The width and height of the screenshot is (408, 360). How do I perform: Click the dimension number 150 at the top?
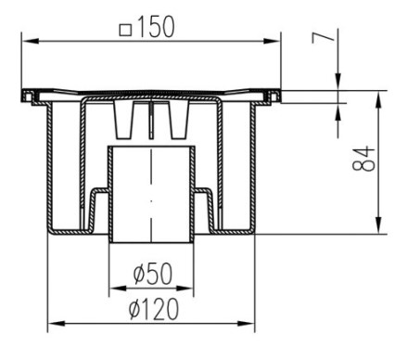156,27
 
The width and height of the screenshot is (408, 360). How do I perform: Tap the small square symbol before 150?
125,31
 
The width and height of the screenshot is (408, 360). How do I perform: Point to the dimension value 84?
363,160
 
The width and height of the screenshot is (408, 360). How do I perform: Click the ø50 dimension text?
153,274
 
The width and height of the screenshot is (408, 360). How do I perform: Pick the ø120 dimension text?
154,309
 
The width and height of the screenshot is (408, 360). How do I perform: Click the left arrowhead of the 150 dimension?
31,41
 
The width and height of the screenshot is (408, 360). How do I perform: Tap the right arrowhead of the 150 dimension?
272,41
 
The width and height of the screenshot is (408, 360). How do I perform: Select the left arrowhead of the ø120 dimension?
57,324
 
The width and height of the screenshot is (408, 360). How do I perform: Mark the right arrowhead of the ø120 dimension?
246,324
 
